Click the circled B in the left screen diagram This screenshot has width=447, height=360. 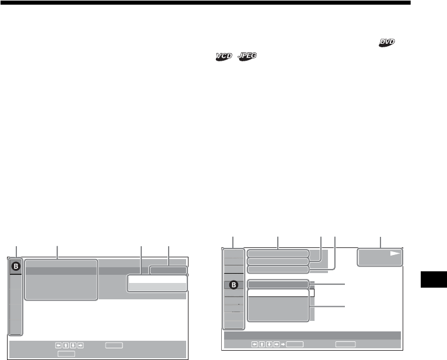point(16,265)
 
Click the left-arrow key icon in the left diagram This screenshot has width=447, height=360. point(58,345)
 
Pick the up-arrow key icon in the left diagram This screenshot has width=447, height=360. point(65,345)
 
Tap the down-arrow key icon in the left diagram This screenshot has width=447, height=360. point(72,345)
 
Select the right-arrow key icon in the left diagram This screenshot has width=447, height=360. point(80,345)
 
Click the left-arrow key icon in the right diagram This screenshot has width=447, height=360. point(254,344)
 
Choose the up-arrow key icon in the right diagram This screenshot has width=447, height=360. point(261,344)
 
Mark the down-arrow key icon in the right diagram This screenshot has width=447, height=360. point(268,344)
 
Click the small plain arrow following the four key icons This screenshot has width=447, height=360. point(283,344)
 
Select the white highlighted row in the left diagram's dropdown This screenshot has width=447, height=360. point(157,280)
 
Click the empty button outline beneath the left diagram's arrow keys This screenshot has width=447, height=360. point(66,353)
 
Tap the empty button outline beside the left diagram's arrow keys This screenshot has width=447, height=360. point(114,345)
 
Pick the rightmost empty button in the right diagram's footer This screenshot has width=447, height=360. point(345,344)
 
